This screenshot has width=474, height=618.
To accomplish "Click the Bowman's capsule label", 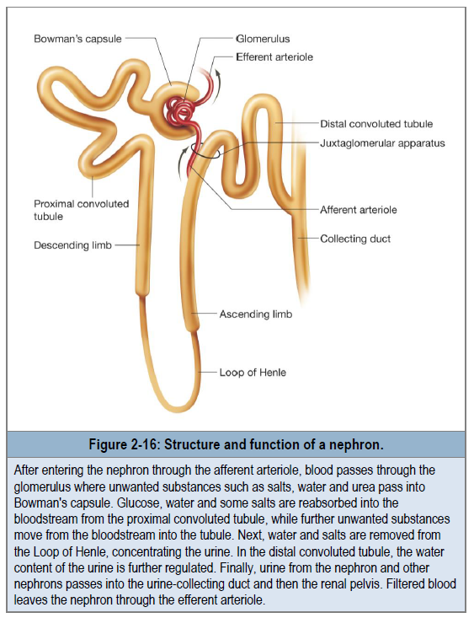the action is (x=77, y=39).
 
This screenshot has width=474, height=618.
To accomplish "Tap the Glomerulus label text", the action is (x=263, y=39).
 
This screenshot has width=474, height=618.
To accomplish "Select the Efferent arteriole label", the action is (x=274, y=57).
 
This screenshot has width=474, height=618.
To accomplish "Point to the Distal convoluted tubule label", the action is (x=376, y=124).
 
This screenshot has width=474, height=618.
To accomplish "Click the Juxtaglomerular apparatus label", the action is (x=382, y=142).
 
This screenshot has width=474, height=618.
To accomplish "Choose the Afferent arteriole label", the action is (x=359, y=210).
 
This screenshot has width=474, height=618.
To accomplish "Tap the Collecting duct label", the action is (x=355, y=239).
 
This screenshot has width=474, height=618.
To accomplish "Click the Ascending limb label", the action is (x=256, y=314).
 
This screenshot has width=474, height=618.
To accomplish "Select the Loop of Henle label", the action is (x=253, y=373).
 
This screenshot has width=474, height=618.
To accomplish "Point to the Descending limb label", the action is (x=73, y=245).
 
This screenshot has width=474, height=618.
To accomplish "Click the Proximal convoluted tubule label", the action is (x=82, y=210).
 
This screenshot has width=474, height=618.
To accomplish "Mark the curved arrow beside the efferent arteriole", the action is (x=218, y=86).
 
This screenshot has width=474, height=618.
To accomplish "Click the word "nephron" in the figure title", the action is (x=356, y=445).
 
